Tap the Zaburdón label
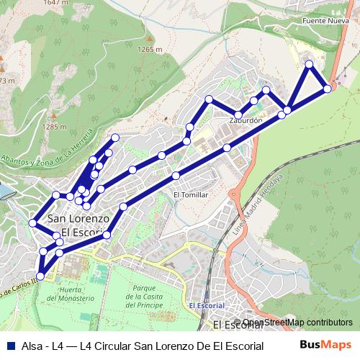(x=245, y=120)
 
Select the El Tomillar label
(x=190, y=194)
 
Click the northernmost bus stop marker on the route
(x=310, y=65)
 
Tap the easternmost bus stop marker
(x=328, y=89)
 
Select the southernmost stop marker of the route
(x=40, y=276)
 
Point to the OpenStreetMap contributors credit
(x=297, y=322)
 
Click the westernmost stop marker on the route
(x=32, y=222)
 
